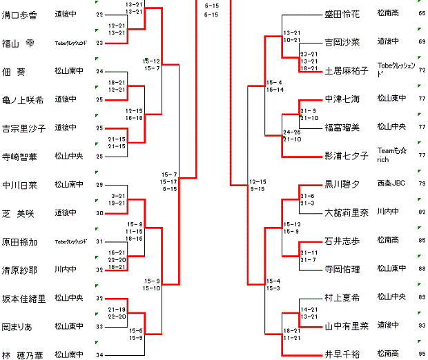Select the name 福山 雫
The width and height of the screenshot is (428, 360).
point(18,43)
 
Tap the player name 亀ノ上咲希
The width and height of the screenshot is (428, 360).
point(23,100)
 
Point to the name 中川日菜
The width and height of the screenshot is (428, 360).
point(19,185)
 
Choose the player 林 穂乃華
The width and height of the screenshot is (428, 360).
point(23,355)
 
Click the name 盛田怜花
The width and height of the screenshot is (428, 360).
point(342,13)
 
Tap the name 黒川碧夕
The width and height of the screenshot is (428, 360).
point(342,185)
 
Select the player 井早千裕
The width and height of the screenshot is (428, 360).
point(342,354)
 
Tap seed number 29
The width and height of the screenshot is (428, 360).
point(99,185)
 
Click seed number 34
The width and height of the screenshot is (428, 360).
point(99,355)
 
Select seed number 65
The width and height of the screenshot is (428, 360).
point(422,13)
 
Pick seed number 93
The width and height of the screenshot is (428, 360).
point(422,326)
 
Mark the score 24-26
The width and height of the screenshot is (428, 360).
point(292,132)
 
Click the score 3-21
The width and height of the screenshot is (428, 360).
point(137,197)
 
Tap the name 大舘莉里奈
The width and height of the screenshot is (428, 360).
point(347,213)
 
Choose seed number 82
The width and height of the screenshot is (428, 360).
point(422,212)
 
